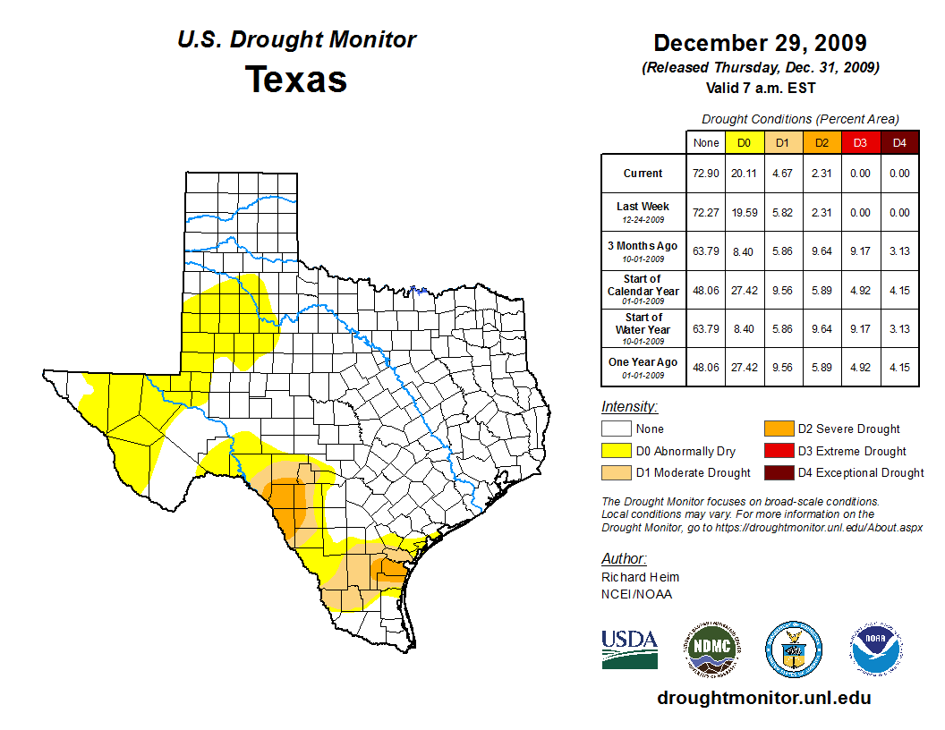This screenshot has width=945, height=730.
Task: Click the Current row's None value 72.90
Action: click(705, 174)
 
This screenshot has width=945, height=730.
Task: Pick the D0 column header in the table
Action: click(744, 143)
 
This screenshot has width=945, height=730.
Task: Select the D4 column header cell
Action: click(899, 143)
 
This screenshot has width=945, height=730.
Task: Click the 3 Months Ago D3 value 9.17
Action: click(860, 251)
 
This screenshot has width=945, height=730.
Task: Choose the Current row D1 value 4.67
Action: click(783, 174)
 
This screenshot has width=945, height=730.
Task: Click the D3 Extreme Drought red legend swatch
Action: click(778, 451)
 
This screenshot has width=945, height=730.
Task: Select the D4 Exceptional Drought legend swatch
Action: click(778, 472)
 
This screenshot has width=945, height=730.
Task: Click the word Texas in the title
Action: click(296, 80)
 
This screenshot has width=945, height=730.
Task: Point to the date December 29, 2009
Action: click(760, 43)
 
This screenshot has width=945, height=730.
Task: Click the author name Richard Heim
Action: click(640, 577)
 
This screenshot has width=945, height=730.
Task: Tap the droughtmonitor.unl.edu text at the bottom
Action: click(763, 698)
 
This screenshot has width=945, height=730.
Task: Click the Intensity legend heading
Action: click(629, 406)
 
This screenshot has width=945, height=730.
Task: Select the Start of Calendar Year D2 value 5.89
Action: click(822, 290)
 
